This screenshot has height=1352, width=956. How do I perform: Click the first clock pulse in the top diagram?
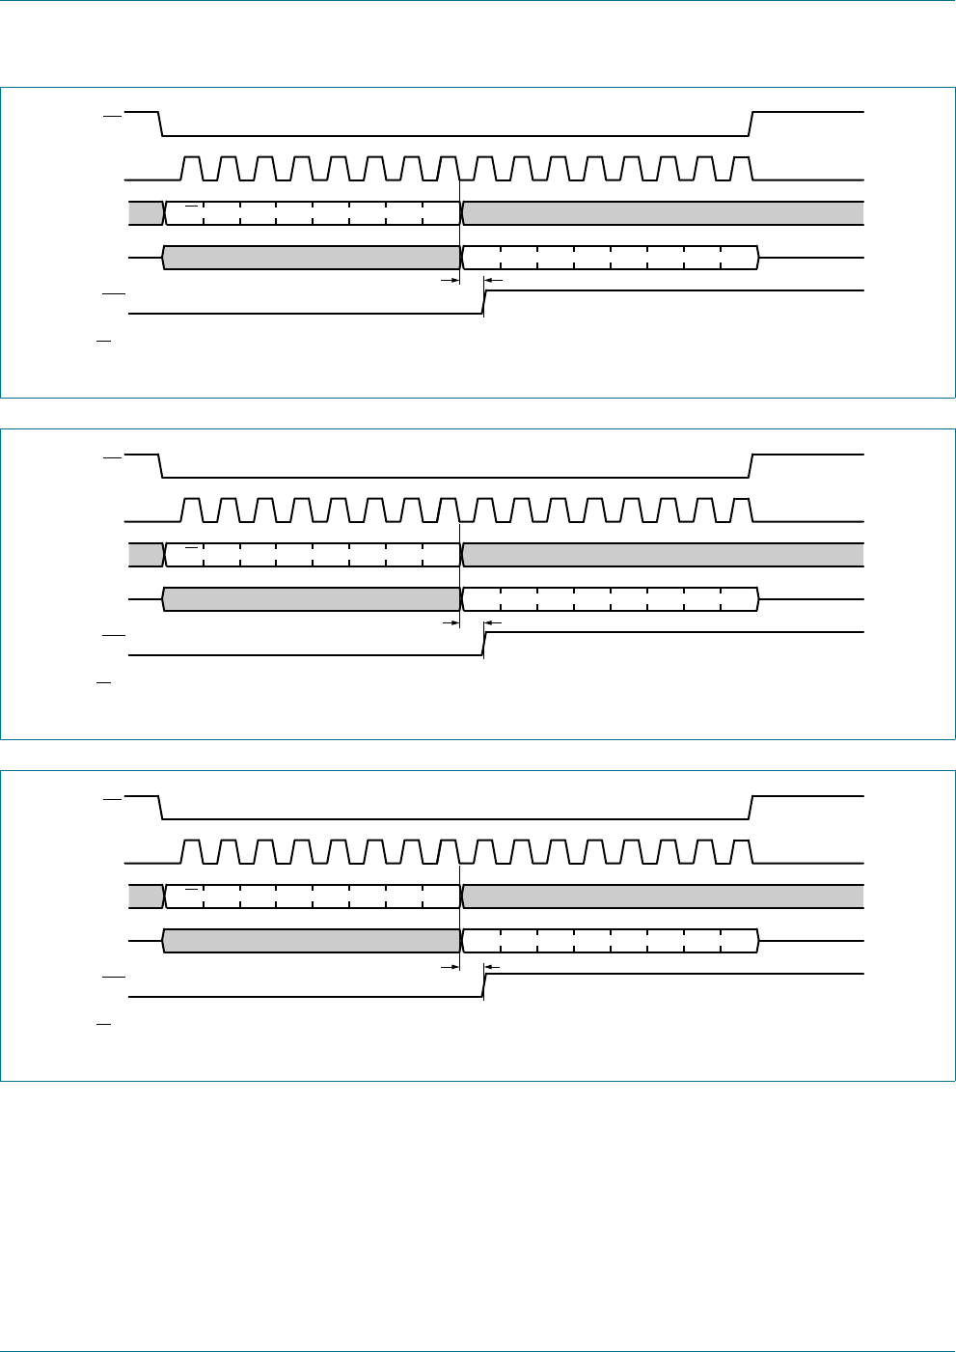pyautogui.click(x=192, y=168)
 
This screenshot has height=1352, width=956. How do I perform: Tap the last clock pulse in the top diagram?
pyautogui.click(x=741, y=168)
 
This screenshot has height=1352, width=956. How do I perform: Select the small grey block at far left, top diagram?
pyautogui.click(x=146, y=213)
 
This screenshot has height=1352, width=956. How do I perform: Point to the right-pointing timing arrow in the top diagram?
pyautogui.click(x=449, y=281)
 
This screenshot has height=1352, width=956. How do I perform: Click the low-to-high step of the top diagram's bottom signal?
pyautogui.click(x=484, y=302)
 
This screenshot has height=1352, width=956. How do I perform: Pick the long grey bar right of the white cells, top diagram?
pyautogui.click(x=664, y=213)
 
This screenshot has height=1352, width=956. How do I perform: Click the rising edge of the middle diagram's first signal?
pyautogui.click(x=751, y=465)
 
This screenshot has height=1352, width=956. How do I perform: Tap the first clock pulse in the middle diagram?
pyautogui.click(x=192, y=510)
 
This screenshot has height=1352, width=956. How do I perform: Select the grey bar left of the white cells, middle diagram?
pyautogui.click(x=311, y=599)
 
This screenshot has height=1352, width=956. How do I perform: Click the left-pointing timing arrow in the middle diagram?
pyautogui.click(x=493, y=622)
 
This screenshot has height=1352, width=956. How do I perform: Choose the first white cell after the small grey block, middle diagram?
pyautogui.click(x=185, y=555)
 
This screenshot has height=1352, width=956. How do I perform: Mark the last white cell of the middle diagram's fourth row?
pyautogui.click(x=740, y=599)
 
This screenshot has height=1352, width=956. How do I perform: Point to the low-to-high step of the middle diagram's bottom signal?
pyautogui.click(x=484, y=644)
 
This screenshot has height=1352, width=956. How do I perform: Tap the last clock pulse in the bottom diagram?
pyautogui.click(x=741, y=851)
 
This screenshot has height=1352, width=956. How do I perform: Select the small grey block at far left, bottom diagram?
pyautogui.click(x=146, y=897)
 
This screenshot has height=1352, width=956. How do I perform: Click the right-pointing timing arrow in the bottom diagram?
pyautogui.click(x=449, y=964)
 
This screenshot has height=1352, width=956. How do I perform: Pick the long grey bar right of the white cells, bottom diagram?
pyautogui.click(x=664, y=897)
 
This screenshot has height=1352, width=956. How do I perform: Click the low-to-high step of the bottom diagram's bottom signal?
pyautogui.click(x=484, y=985)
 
